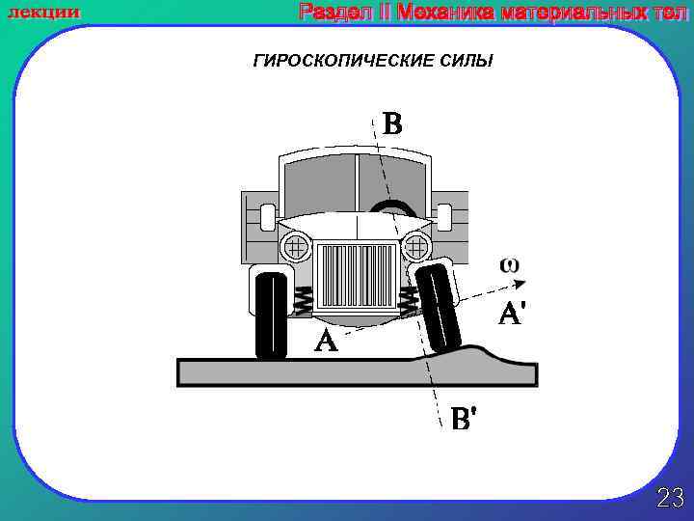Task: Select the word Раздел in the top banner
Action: tap(332, 12)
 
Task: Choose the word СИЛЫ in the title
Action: tap(464, 62)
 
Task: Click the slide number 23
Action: tap(670, 498)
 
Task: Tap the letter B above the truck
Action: tap(391, 125)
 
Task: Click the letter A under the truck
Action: tap(326, 341)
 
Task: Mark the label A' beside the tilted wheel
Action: tap(510, 315)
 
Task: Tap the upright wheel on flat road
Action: tap(272, 316)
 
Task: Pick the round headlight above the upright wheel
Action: tap(296, 247)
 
